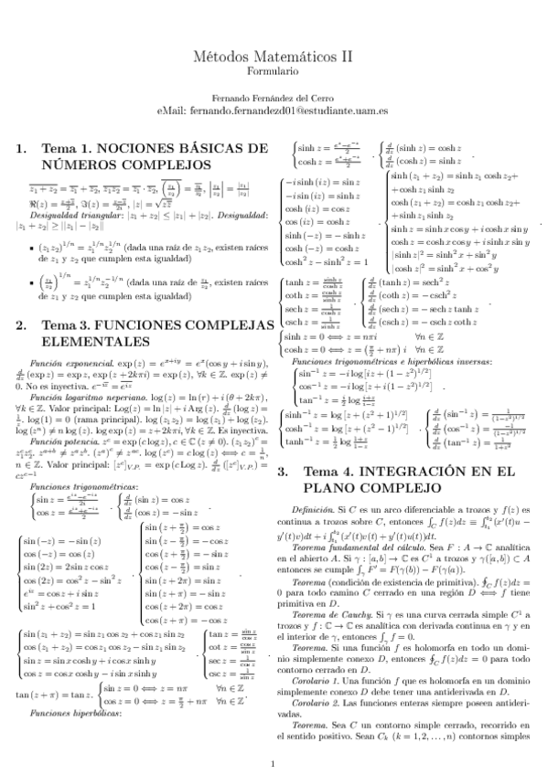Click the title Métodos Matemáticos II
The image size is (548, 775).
pyautogui.click(x=274, y=56)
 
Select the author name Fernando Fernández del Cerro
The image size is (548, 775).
pyautogui.click(x=274, y=98)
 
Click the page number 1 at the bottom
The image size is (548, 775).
pyautogui.click(x=274, y=738)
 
